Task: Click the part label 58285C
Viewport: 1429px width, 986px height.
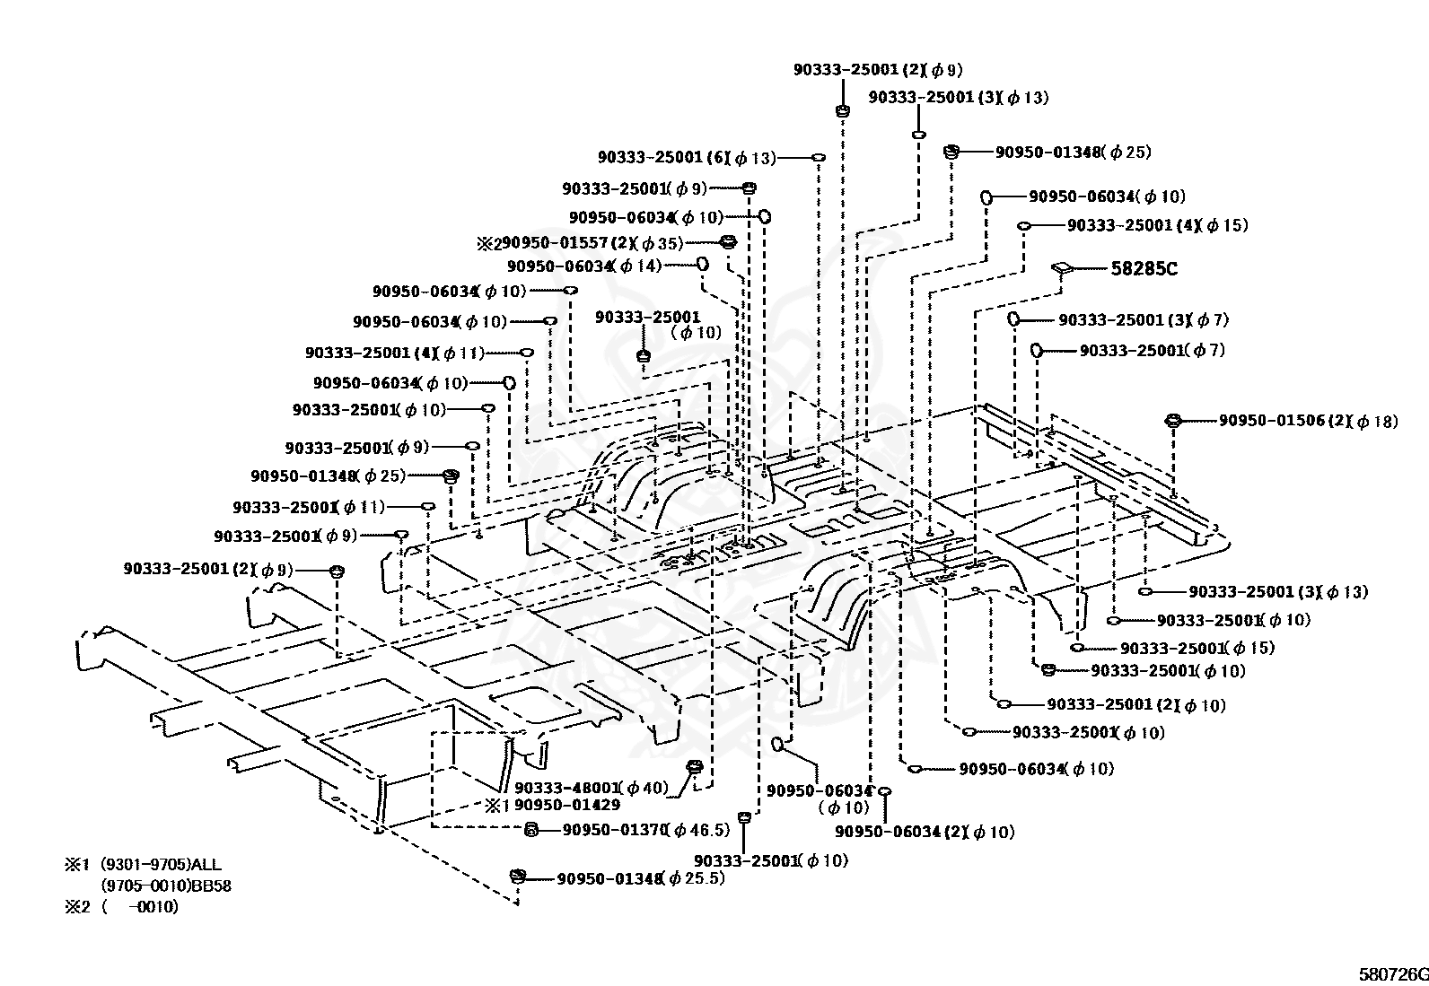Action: click(x=1144, y=268)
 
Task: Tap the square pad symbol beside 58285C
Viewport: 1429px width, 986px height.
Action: click(x=1062, y=267)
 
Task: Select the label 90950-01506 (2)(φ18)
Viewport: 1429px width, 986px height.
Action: click(x=1308, y=421)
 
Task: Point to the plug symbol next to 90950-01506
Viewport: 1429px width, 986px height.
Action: click(x=1172, y=420)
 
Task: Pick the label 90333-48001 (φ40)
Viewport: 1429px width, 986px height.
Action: click(x=591, y=789)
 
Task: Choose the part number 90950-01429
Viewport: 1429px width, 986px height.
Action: click(x=567, y=805)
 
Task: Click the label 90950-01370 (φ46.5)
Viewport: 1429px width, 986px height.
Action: click(x=645, y=830)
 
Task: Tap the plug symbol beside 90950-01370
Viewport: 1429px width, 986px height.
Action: click(x=531, y=830)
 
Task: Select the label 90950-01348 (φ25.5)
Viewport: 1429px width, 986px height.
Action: click(x=641, y=879)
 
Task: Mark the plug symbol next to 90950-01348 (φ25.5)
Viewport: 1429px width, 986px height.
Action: click(x=518, y=877)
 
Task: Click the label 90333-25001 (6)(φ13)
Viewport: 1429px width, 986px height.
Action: click(x=687, y=158)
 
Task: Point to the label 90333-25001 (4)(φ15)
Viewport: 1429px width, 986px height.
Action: click(x=1157, y=225)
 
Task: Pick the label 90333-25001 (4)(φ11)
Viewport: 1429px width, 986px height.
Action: click(x=394, y=353)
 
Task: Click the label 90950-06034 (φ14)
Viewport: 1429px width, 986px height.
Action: click(x=584, y=266)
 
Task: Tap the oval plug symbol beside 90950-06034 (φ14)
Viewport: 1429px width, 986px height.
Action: click(x=702, y=263)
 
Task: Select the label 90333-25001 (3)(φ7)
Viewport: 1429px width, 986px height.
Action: click(x=1144, y=319)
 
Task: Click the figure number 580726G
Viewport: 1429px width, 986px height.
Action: click(x=1393, y=975)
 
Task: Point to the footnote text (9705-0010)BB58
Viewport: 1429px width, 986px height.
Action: click(x=166, y=886)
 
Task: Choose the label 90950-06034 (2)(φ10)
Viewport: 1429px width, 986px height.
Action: click(x=925, y=832)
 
